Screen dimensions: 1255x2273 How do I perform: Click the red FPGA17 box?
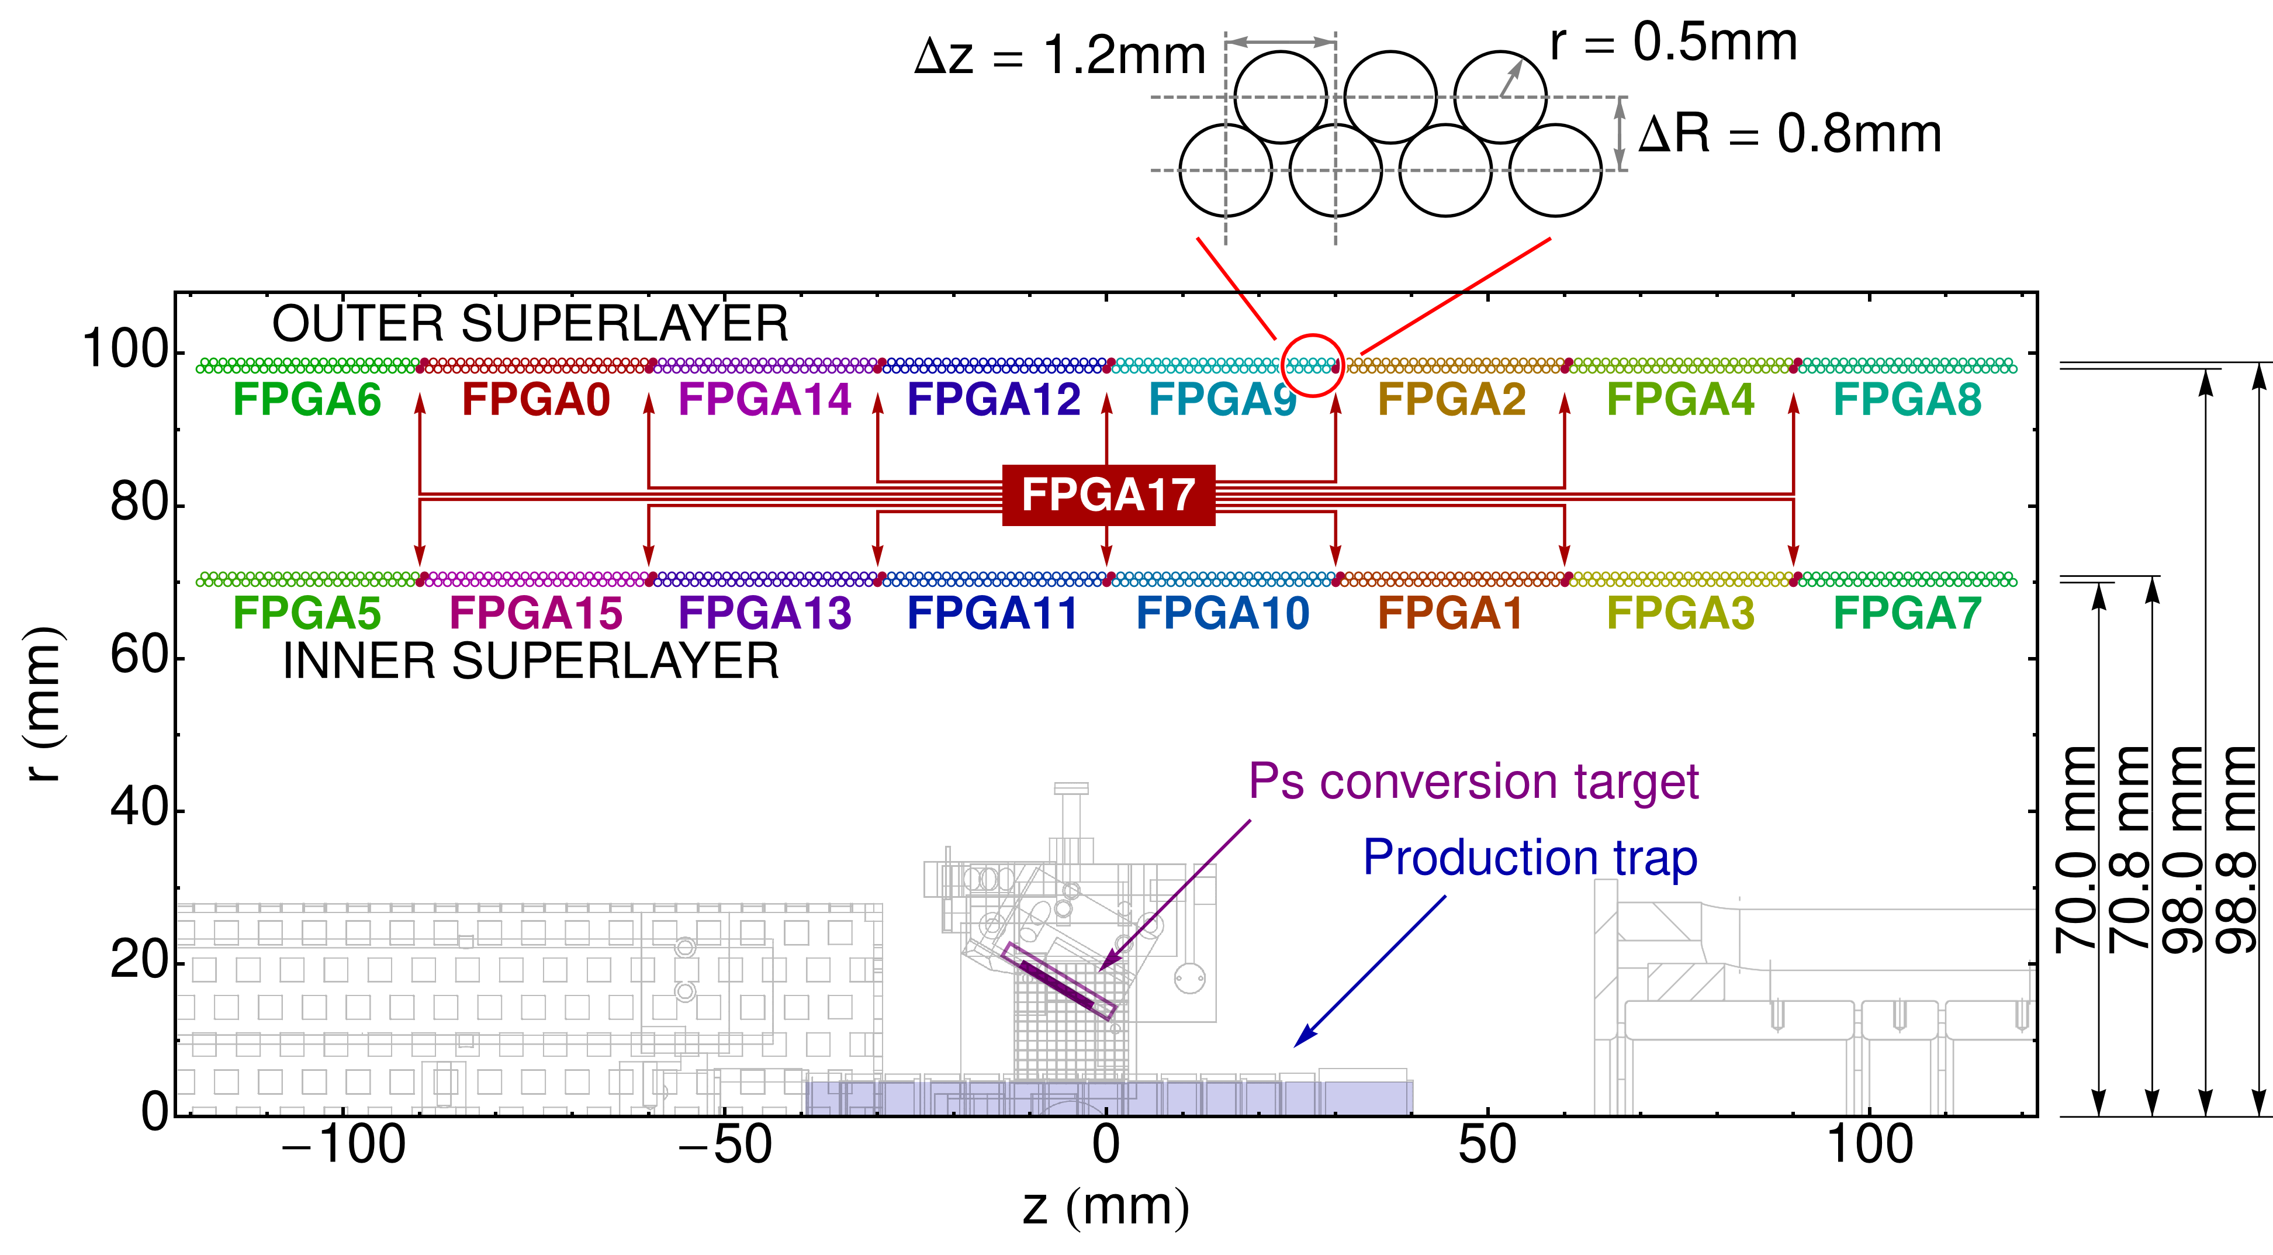point(1108,495)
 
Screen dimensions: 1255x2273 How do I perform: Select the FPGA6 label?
point(306,400)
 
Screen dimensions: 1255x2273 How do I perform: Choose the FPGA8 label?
point(1908,400)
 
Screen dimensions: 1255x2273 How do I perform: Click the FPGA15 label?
point(535,613)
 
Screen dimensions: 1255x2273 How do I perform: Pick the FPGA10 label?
point(1222,613)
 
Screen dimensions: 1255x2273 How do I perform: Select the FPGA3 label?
point(1680,613)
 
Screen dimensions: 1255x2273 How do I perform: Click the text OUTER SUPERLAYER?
point(530,324)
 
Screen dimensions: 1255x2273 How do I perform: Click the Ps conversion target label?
point(1473,782)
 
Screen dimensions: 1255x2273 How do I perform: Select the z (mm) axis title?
point(1106,1207)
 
